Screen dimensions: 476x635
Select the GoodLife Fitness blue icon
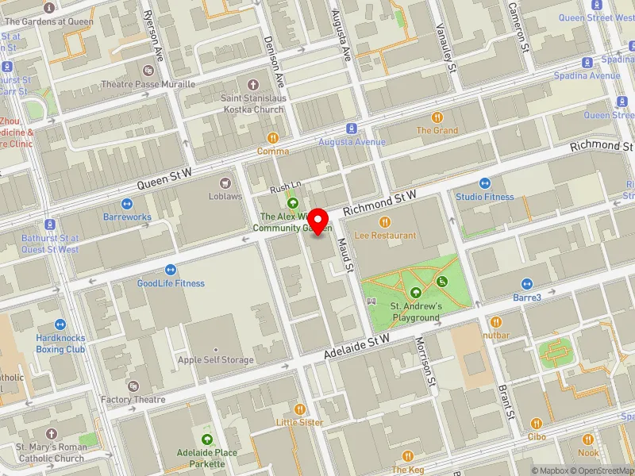tap(170, 270)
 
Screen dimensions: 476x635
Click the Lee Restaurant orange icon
tap(386, 222)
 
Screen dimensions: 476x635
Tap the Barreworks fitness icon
tap(127, 203)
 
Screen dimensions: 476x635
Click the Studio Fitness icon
tap(484, 183)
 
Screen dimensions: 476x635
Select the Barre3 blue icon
tap(526, 284)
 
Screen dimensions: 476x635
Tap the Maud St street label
tap(346, 255)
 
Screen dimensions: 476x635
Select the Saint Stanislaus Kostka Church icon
tap(252, 85)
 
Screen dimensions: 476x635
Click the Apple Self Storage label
tap(215, 360)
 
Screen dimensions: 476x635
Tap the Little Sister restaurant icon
tap(299, 409)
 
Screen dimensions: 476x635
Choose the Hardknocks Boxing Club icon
tap(60, 324)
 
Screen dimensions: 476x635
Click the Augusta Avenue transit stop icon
tap(350, 129)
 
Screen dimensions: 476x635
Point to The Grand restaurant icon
tap(437, 117)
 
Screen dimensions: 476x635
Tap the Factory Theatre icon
tap(133, 386)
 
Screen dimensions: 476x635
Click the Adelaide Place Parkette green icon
tap(206, 440)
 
